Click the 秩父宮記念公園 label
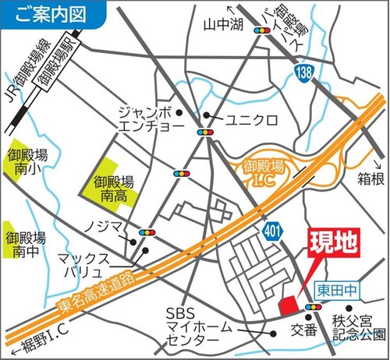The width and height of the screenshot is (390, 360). point(356,326)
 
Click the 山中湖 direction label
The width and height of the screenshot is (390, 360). point(219,24)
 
